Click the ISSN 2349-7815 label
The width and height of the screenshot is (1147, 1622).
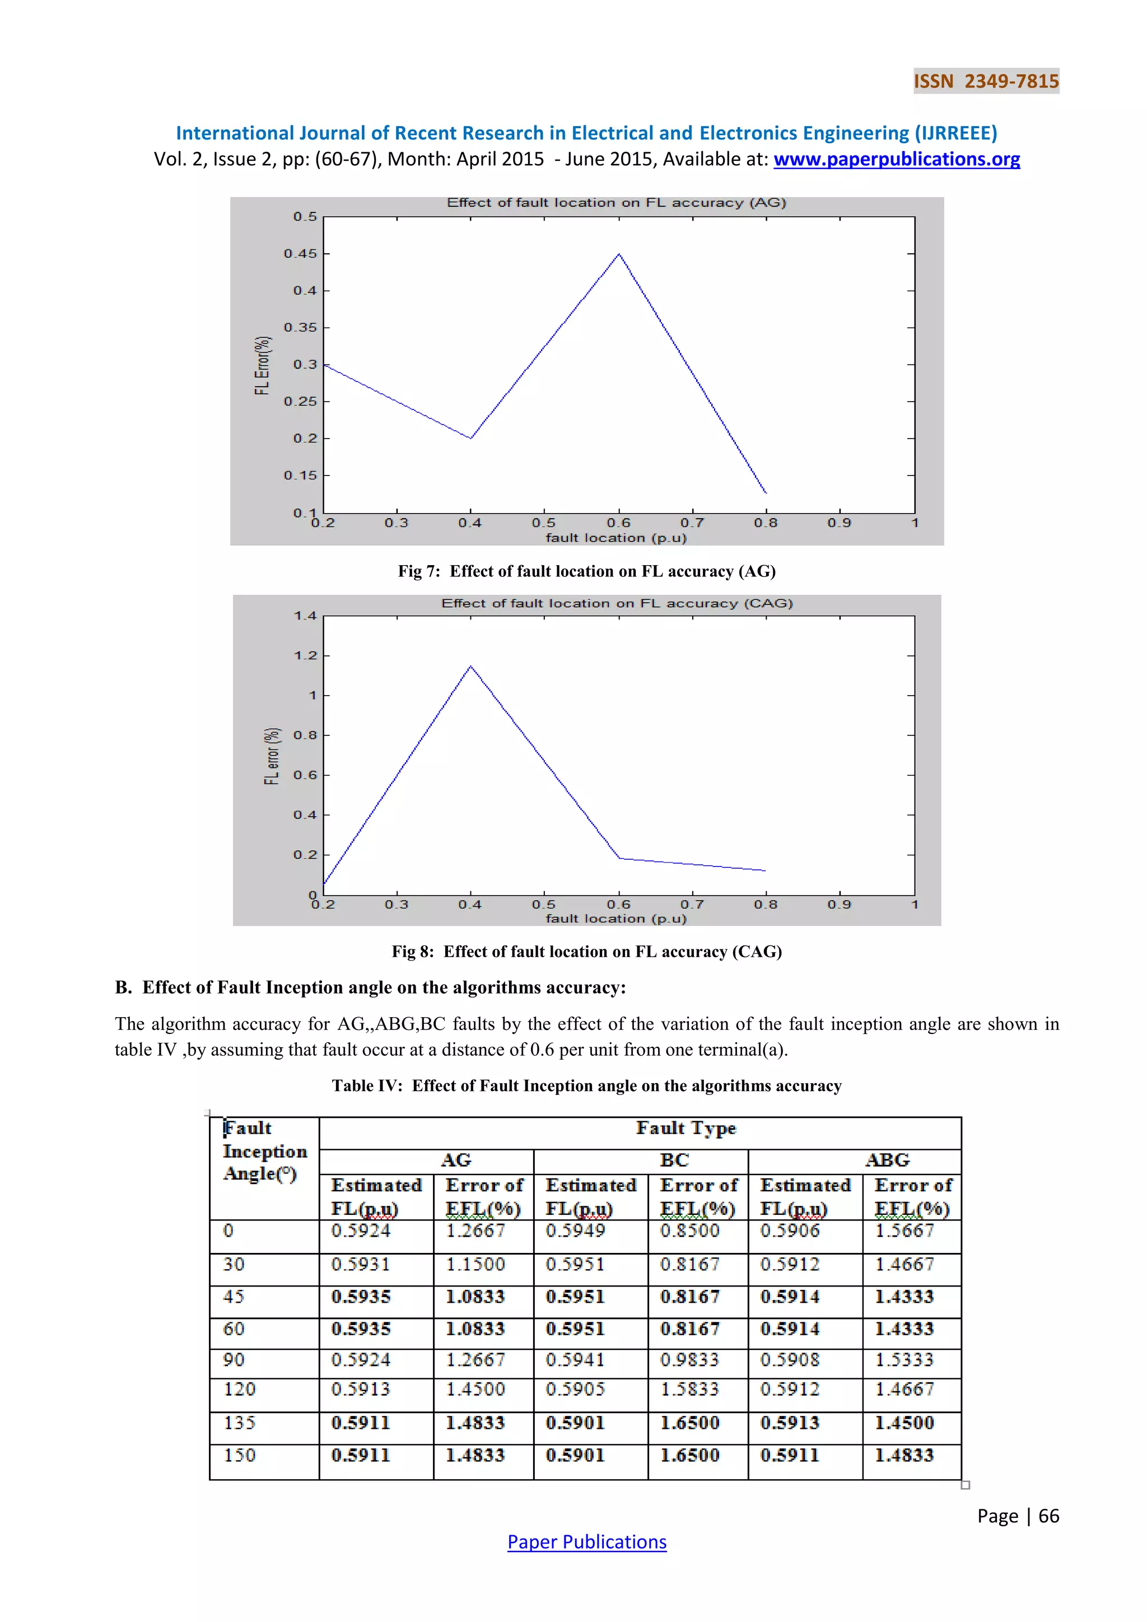point(986,81)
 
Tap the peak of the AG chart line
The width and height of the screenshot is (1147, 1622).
point(619,254)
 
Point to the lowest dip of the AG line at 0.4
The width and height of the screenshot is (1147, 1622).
point(470,438)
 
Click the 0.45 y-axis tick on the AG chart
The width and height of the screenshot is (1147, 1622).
point(300,254)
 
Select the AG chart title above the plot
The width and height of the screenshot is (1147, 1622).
point(616,203)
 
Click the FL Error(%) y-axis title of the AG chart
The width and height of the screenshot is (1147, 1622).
point(263,365)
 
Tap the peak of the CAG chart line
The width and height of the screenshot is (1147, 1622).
point(470,666)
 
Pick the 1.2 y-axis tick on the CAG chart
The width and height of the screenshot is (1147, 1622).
point(305,656)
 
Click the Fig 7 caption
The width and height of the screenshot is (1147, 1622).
point(586,571)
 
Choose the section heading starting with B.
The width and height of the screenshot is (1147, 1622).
point(370,987)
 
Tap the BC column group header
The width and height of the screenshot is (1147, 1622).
point(674,1160)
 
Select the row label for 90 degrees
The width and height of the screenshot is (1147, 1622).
point(234,1360)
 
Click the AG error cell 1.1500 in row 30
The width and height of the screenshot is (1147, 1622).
point(475,1264)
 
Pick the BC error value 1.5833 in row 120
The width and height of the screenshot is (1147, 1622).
point(689,1390)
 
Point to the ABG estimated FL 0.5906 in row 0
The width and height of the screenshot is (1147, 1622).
point(790,1231)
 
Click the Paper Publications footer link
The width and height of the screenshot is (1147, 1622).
point(586,1541)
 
